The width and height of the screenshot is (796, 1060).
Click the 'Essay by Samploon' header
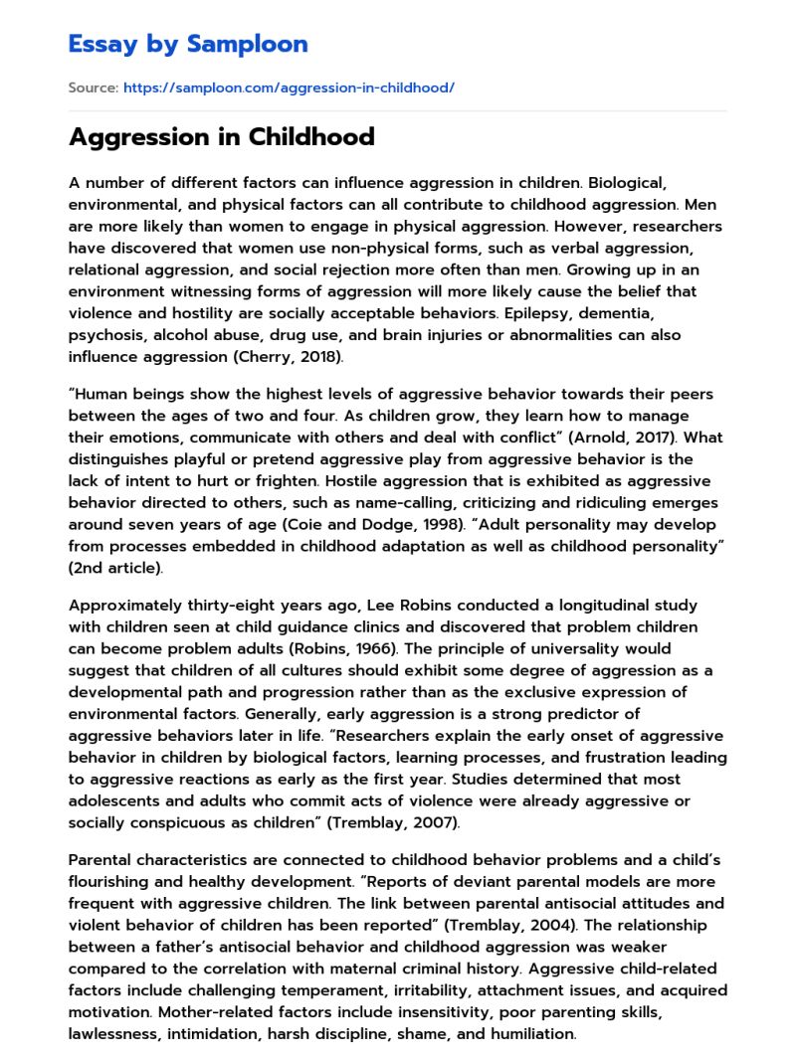(188, 44)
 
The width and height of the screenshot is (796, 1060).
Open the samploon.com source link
(289, 88)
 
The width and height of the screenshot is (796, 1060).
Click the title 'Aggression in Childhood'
(221, 137)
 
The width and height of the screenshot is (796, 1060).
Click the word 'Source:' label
(94, 88)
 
